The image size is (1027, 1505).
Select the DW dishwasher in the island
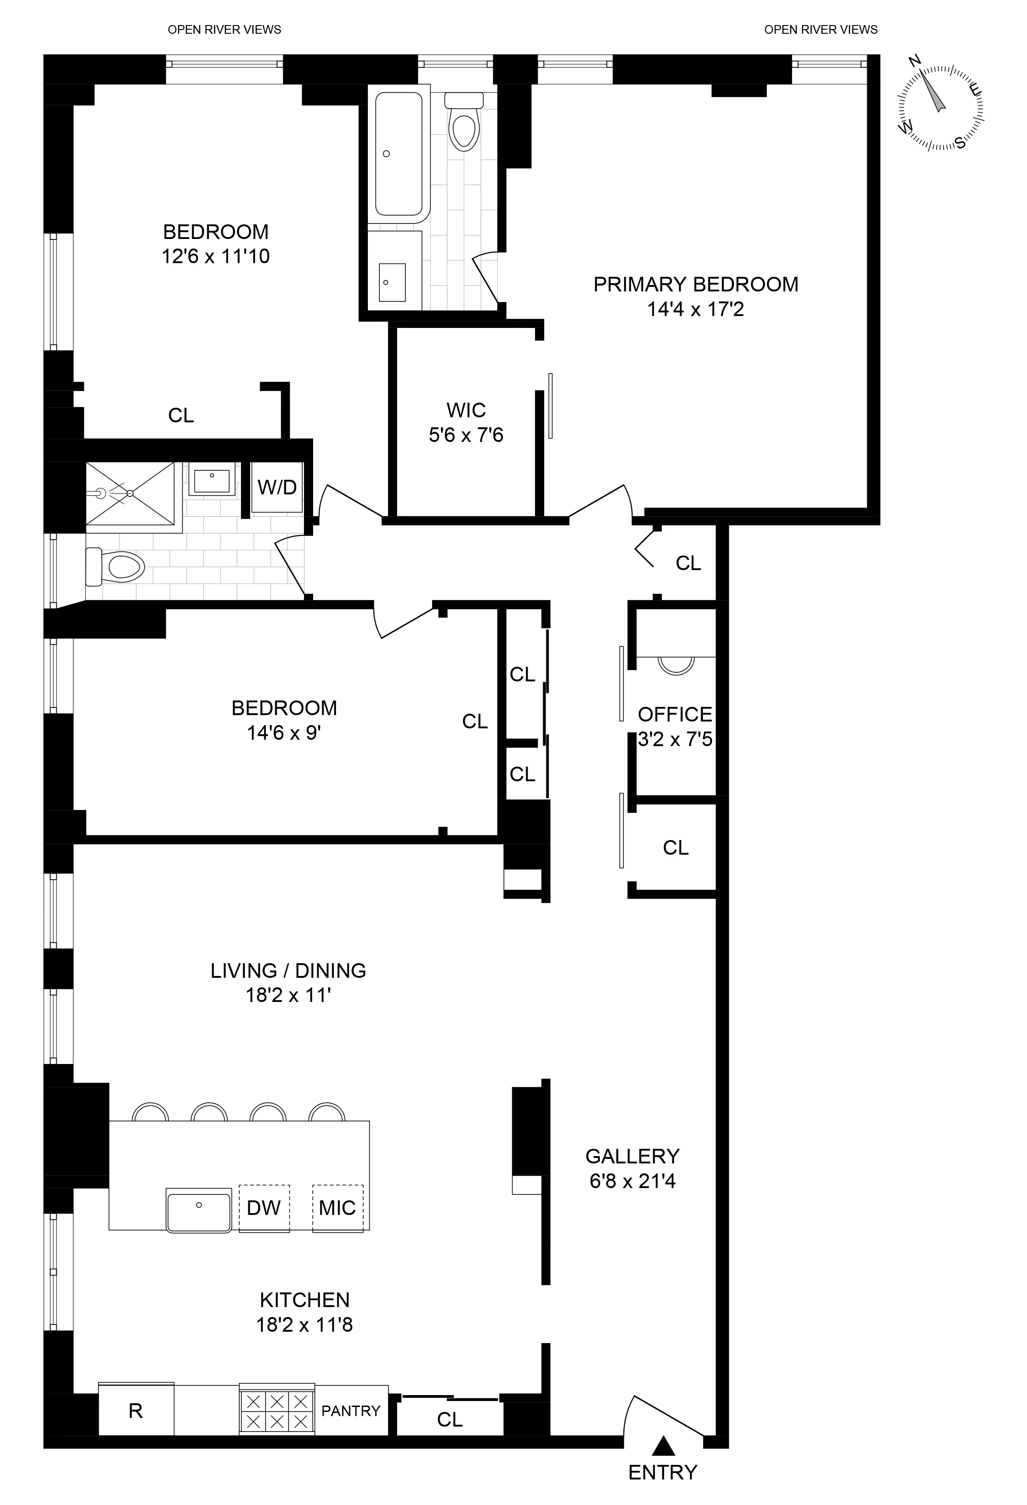point(264,1208)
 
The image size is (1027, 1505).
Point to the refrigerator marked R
point(136,1411)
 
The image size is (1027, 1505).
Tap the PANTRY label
point(351,1411)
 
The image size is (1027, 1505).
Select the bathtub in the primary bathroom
point(398,154)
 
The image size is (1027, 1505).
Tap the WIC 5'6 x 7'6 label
point(466,422)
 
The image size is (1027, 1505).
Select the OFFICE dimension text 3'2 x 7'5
point(675,739)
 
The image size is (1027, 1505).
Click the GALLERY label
point(632,1156)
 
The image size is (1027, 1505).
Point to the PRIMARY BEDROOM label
point(696,284)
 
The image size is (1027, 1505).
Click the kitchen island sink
point(199,1209)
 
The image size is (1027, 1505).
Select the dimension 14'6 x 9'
point(284,732)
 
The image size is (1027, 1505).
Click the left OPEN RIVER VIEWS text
point(224,30)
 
